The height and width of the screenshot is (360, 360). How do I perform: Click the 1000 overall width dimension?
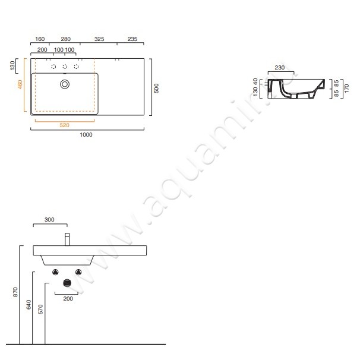[x=86, y=135]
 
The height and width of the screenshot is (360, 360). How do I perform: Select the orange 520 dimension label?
[x=64, y=125]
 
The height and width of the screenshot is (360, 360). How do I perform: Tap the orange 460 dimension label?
[x=20, y=84]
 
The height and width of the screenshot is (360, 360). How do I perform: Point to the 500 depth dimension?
[x=156, y=88]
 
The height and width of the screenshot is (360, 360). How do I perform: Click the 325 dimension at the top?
[x=99, y=39]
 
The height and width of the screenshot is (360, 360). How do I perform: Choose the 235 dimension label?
[x=132, y=39]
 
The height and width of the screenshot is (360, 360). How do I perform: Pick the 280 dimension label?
[x=66, y=39]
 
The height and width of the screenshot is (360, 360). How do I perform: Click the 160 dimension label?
[x=40, y=39]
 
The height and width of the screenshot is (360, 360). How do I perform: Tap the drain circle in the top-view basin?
[x=65, y=84]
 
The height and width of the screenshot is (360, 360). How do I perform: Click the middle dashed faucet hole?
[x=65, y=67]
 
